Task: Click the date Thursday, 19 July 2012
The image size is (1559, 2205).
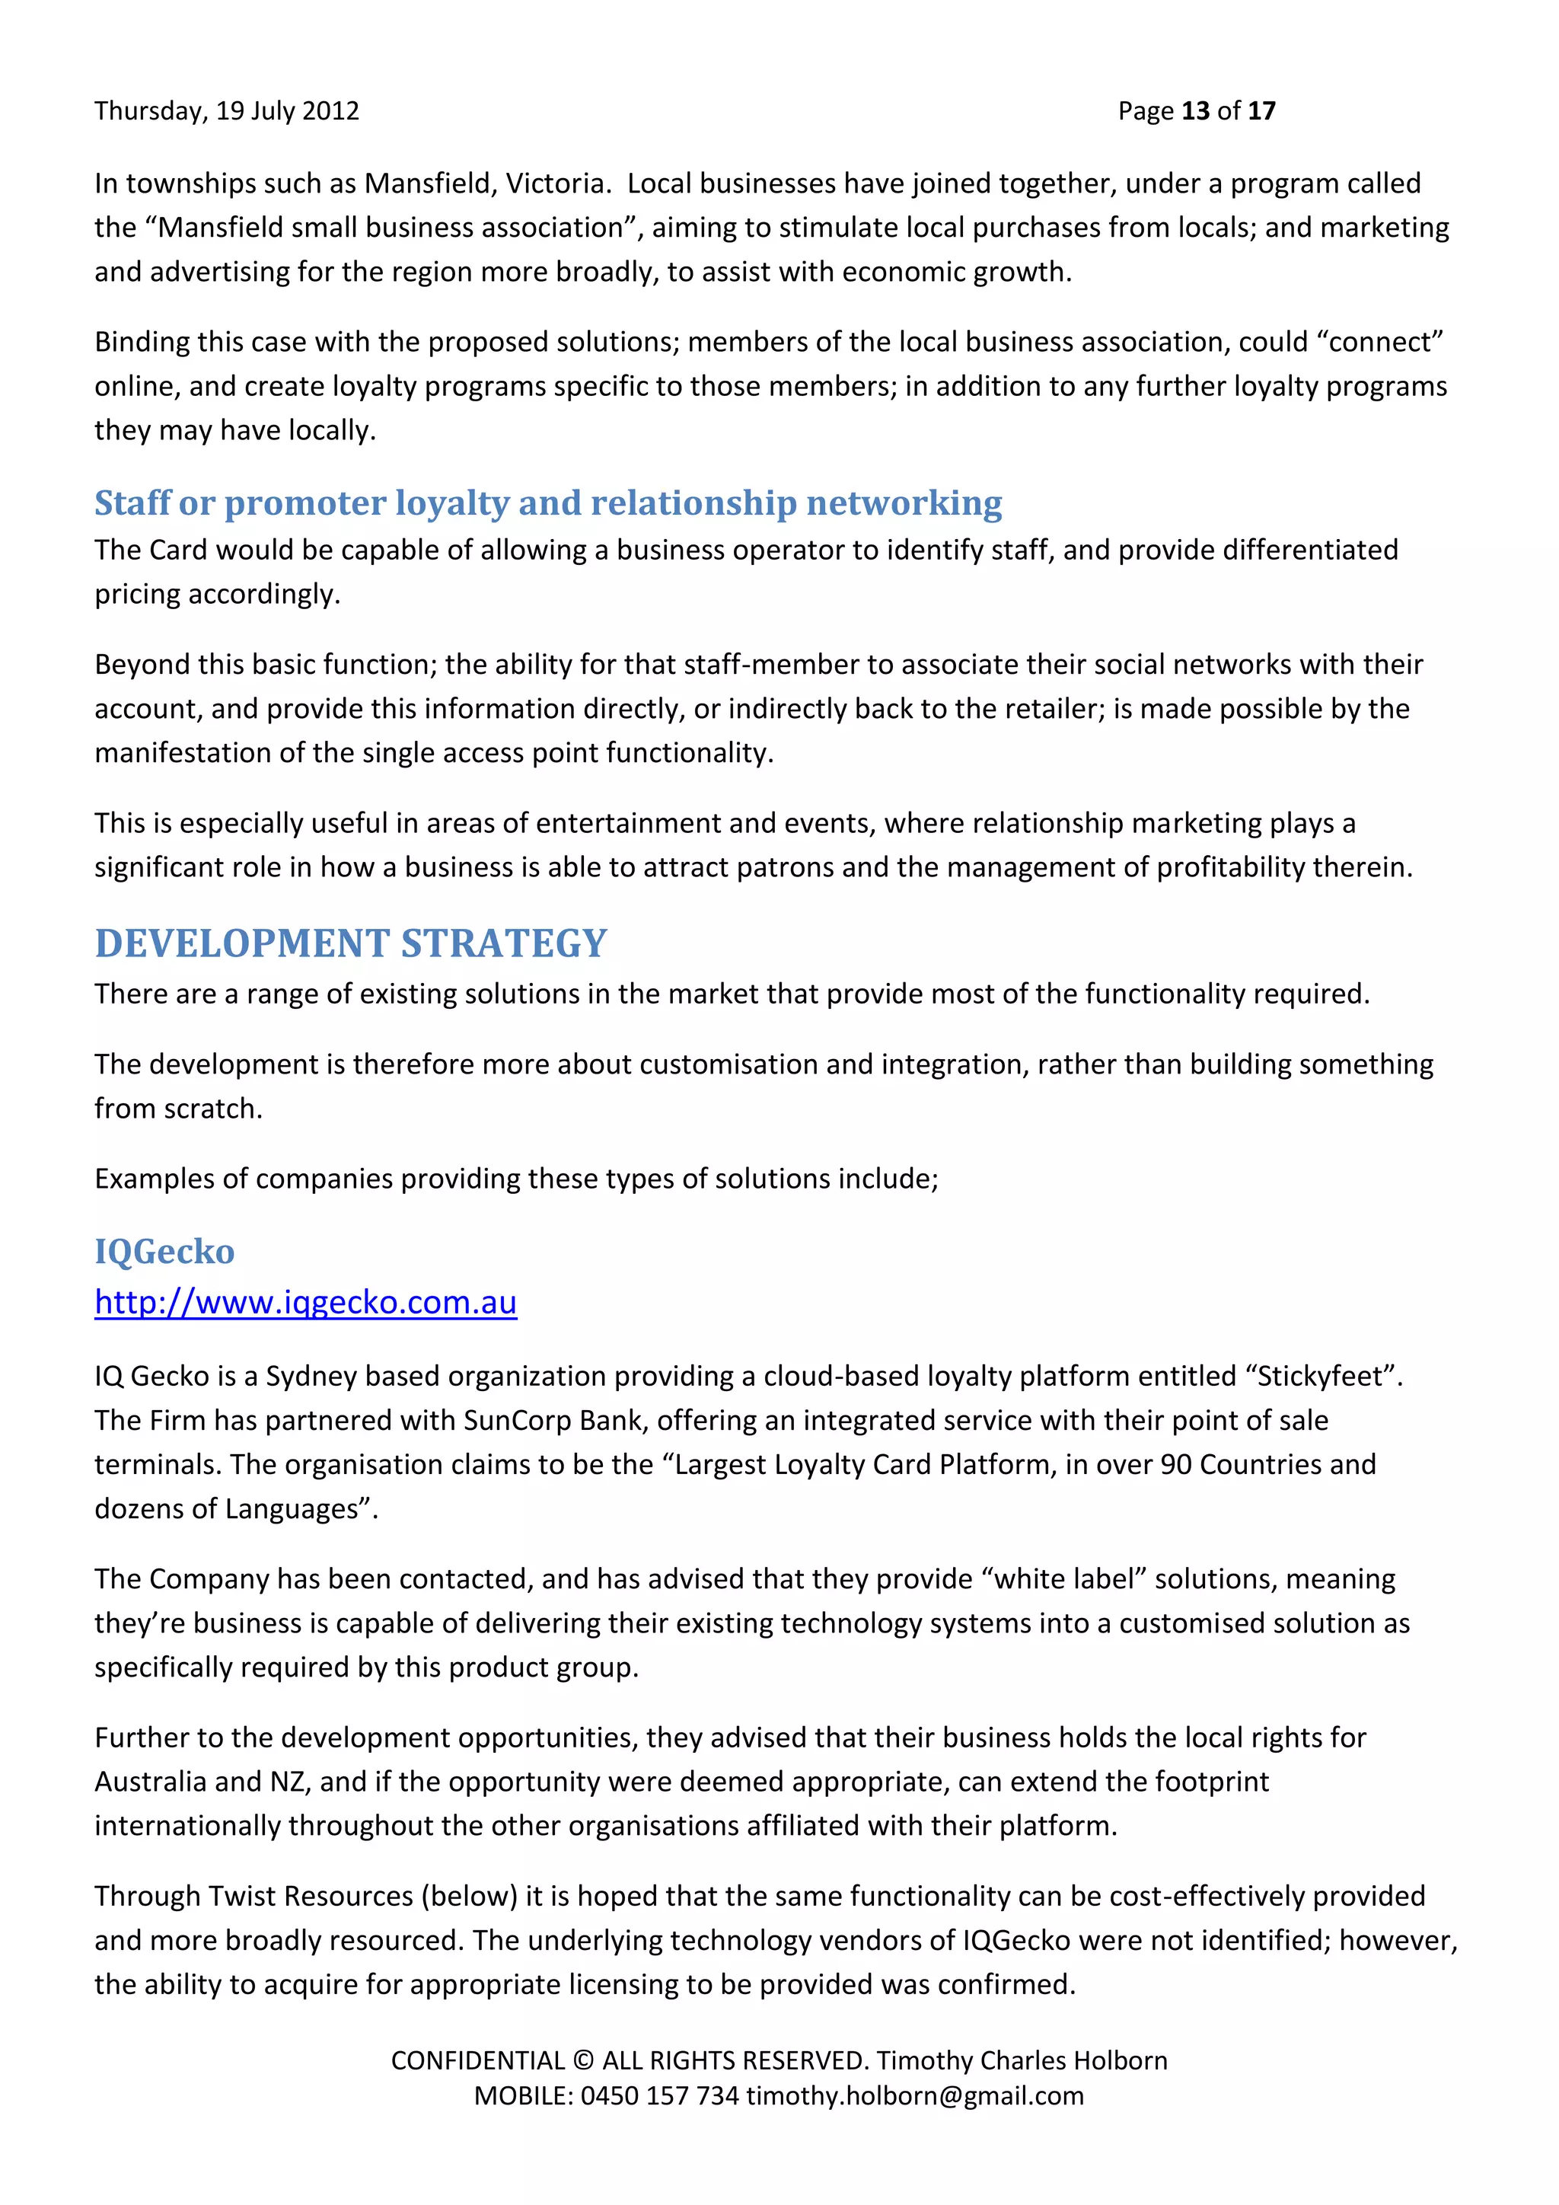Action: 227,111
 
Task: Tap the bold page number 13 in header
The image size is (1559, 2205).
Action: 1195,111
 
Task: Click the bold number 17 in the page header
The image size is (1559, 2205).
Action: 1261,111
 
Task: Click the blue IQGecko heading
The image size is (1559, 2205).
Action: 164,1252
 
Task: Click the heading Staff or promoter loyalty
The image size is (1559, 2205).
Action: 547,503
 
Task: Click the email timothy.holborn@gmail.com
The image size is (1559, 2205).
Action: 915,2095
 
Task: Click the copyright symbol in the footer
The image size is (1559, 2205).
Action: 582,2061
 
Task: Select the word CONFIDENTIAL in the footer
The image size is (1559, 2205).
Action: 477,2061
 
